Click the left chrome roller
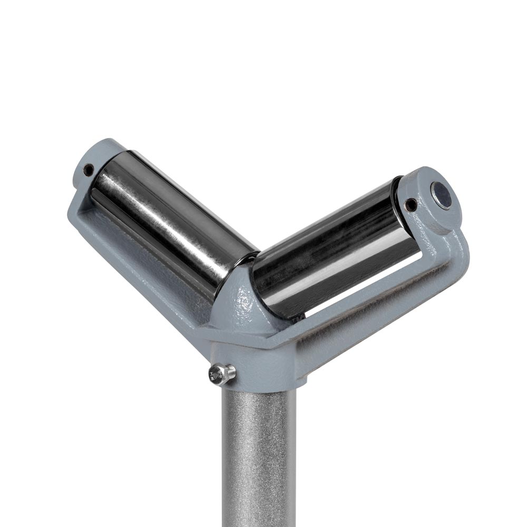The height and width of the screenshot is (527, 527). (x=169, y=211)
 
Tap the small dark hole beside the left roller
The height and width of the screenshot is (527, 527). (x=89, y=170)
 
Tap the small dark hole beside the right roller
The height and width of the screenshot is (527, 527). (x=411, y=204)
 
